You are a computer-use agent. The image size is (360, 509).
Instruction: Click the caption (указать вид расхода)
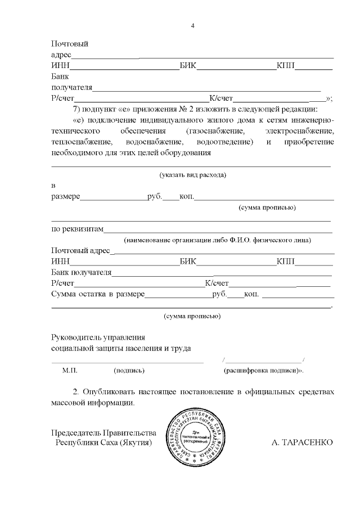(192, 175)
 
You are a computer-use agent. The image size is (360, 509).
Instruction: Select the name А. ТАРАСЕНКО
(303, 442)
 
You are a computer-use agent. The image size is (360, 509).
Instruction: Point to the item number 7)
(78, 109)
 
